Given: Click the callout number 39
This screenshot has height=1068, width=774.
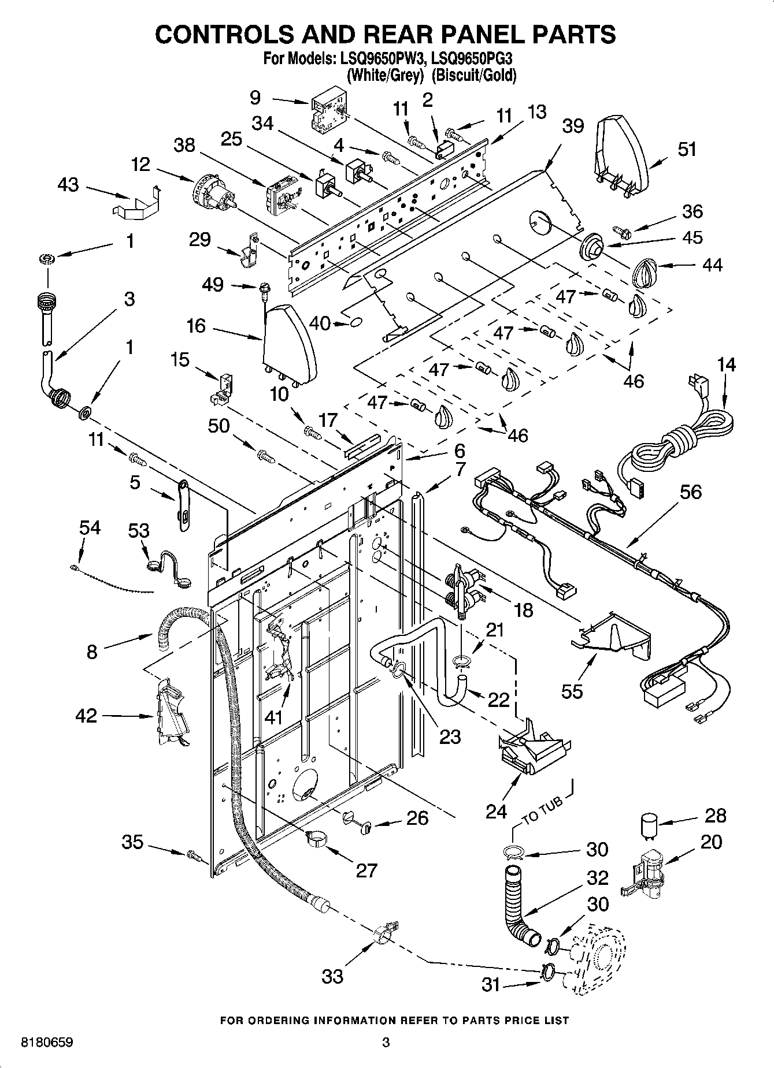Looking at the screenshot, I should [573, 126].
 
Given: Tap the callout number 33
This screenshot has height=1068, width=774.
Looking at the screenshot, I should [332, 976].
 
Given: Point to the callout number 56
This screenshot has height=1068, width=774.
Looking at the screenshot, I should [690, 492].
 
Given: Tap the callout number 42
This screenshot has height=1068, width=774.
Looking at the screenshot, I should [87, 716].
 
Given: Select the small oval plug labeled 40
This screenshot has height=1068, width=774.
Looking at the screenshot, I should [357, 321].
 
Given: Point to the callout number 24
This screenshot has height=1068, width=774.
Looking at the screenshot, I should [496, 812].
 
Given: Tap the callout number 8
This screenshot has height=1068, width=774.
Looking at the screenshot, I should [92, 652].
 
